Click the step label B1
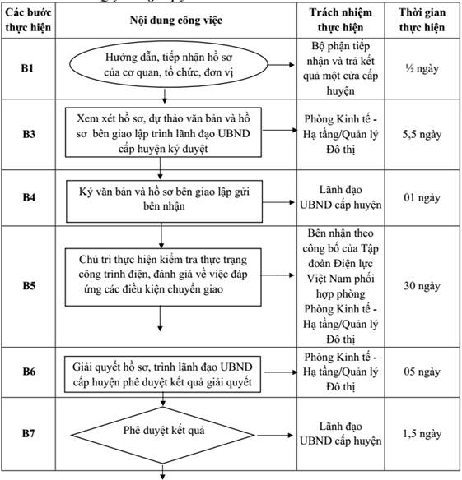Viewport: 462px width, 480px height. pyautogui.click(x=27, y=68)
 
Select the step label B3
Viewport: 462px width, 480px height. pyautogui.click(x=29, y=134)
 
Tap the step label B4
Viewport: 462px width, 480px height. pyautogui.click(x=29, y=197)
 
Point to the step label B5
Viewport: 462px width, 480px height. pyautogui.click(x=29, y=285)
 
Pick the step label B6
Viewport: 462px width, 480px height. pyautogui.click(x=29, y=372)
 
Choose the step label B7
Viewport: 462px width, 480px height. pyautogui.click(x=28, y=433)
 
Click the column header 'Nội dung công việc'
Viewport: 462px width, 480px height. pyautogui.click(x=176, y=21)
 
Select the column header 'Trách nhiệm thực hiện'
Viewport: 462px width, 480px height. pyautogui.click(x=340, y=20)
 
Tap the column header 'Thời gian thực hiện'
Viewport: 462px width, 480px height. pyautogui.click(x=422, y=20)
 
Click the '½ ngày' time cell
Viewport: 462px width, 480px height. pyautogui.click(x=422, y=68)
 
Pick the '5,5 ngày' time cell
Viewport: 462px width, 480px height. pyautogui.click(x=422, y=135)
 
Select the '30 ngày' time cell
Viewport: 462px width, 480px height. pyautogui.click(x=422, y=286)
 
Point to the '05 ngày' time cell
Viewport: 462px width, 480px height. pyautogui.click(x=422, y=372)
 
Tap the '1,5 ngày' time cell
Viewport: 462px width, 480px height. pyautogui.click(x=422, y=434)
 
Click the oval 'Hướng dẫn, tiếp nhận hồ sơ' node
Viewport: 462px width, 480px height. pyautogui.click(x=169, y=65)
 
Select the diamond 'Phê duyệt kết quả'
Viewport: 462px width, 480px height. pyautogui.click(x=163, y=435)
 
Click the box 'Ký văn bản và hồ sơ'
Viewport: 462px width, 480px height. pyautogui.click(x=165, y=201)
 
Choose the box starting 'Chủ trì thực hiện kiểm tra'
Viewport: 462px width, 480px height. pyautogui.click(x=163, y=277)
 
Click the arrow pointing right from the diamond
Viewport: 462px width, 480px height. pyautogui.click(x=275, y=435)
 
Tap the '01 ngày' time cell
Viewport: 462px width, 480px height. pyautogui.click(x=422, y=198)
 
